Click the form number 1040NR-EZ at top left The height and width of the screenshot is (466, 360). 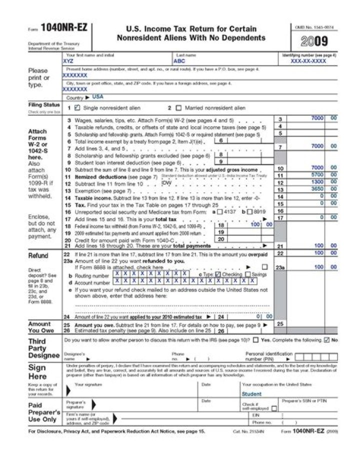(64, 28)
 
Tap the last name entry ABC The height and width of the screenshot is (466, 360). (179, 61)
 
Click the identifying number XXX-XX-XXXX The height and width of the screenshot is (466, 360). (308, 61)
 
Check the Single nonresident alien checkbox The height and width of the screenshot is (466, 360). (77, 108)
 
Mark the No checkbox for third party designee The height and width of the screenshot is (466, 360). (326, 340)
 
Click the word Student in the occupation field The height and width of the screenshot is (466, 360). (251, 394)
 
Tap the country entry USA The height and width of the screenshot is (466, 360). (98, 97)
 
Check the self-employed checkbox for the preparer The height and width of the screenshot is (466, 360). (273, 409)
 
